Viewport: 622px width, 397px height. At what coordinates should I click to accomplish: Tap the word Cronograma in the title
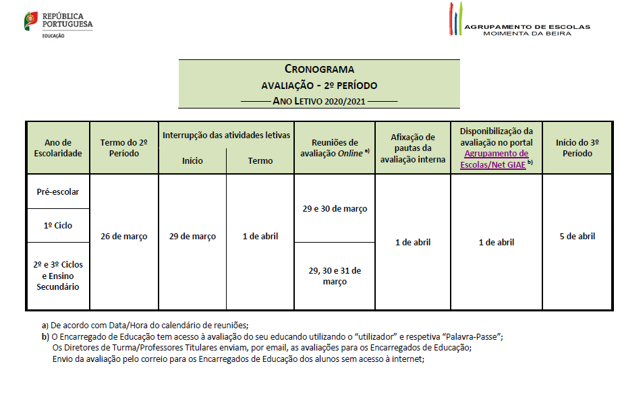[x=319, y=69]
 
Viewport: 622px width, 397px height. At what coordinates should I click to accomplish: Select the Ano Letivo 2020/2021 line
[x=319, y=101]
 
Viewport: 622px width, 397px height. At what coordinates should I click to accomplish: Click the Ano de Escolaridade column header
[x=57, y=148]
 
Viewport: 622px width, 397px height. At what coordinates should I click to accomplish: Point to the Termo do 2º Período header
[x=123, y=148]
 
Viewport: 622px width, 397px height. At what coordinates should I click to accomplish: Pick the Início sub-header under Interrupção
[x=192, y=160]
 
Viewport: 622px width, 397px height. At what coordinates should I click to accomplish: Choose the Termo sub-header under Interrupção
[x=260, y=160]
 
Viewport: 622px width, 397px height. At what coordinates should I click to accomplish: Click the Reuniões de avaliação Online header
[x=335, y=148]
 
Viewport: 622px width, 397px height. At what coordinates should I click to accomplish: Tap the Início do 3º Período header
[x=577, y=148]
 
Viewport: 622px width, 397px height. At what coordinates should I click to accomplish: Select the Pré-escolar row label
[x=57, y=191]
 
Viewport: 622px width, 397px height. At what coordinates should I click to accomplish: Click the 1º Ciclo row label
[x=57, y=225]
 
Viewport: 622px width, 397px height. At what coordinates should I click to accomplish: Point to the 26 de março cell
[x=123, y=237]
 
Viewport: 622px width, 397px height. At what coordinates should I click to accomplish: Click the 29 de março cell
[x=192, y=237]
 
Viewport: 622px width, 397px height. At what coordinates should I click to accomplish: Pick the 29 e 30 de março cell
[x=335, y=208]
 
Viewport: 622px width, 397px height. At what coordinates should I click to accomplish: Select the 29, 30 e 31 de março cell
[x=335, y=276]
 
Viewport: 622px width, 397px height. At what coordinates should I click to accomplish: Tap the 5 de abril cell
[x=577, y=237]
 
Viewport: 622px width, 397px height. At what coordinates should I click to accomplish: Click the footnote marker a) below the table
[x=45, y=326]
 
